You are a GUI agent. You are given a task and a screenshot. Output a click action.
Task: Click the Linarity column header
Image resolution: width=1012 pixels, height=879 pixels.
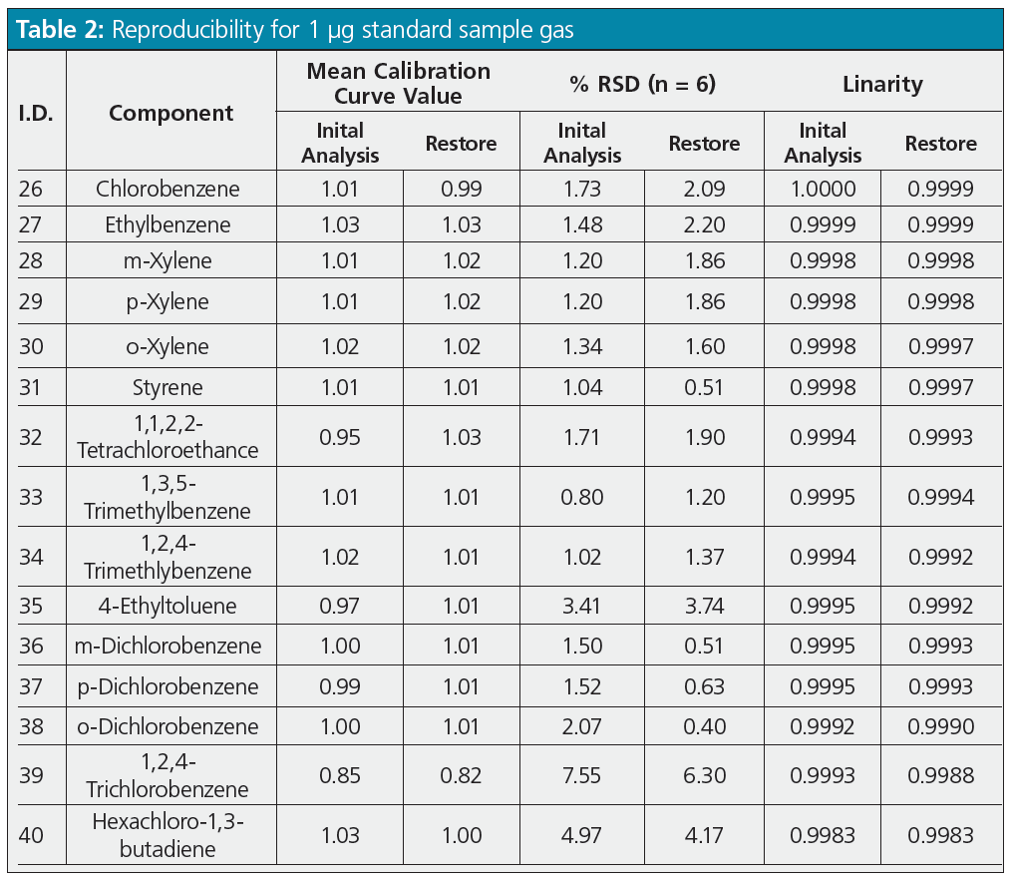click(x=882, y=84)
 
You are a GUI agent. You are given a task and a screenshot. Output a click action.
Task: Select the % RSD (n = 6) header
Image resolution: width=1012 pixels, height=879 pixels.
click(x=642, y=84)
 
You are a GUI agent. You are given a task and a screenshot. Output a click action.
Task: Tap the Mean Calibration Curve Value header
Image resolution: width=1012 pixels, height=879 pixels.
click(x=398, y=84)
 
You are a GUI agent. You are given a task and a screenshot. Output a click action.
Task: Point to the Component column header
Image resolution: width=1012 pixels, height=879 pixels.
click(x=170, y=113)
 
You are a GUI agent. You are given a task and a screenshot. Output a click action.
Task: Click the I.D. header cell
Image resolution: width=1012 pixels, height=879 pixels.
click(x=36, y=113)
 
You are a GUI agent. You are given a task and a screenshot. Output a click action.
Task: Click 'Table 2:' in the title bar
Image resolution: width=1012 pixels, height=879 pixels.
click(x=57, y=29)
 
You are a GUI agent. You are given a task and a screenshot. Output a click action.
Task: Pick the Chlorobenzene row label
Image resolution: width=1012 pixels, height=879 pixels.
click(x=170, y=189)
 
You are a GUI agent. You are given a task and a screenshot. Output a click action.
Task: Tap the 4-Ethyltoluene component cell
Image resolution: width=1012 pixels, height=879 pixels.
click(x=170, y=606)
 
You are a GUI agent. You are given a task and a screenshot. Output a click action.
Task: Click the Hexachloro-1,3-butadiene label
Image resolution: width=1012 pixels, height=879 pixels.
click(x=170, y=834)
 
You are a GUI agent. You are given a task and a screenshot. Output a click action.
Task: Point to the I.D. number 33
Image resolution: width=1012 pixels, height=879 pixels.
click(x=31, y=497)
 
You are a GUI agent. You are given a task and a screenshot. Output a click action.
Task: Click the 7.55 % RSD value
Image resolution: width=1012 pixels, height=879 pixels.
click(x=582, y=775)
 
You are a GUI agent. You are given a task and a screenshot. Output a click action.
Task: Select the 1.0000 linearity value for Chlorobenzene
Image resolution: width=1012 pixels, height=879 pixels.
click(x=823, y=189)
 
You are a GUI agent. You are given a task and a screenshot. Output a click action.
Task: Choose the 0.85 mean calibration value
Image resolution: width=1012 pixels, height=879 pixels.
click(x=340, y=775)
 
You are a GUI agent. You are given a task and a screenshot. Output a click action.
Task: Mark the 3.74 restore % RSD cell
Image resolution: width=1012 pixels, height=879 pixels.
click(x=704, y=606)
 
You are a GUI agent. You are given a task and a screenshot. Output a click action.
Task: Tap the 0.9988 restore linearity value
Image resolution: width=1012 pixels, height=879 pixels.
click(x=941, y=775)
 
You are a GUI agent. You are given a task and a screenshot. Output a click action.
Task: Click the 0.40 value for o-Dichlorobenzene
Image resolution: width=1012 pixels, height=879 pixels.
click(x=704, y=726)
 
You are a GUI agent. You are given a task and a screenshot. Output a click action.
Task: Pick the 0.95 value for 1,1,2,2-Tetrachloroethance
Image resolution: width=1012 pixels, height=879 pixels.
click(x=340, y=437)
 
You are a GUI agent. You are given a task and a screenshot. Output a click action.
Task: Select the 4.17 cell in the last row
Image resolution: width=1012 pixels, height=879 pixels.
click(x=704, y=834)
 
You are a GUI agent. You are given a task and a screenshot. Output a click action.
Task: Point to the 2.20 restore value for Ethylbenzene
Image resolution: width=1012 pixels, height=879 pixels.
click(x=704, y=225)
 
